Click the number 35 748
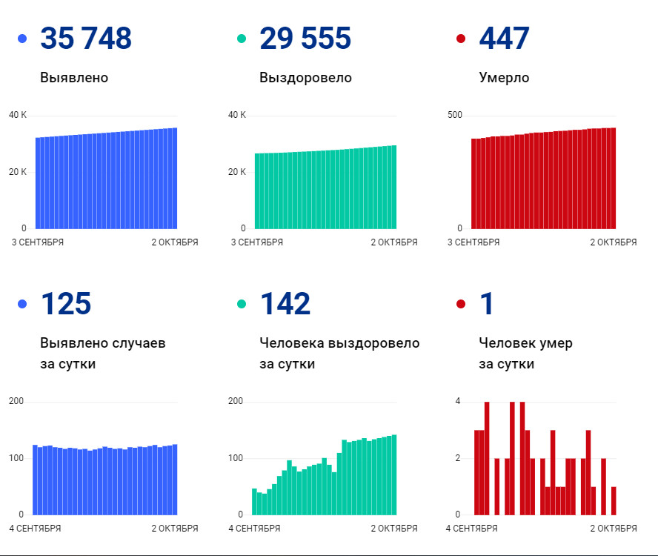86,39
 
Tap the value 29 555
305,39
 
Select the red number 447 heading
505,39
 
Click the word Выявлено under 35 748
74,78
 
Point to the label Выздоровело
305,78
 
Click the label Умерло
504,78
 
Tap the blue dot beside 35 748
22,39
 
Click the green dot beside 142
242,304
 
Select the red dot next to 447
461,39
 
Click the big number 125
66,304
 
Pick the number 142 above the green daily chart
285,304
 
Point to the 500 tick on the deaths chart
454,115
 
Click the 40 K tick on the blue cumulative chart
18,115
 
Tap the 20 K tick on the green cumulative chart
237,172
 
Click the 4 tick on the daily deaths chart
458,401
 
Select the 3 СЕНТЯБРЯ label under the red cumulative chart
476,242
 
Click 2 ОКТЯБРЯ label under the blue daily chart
175,529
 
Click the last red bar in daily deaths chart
614,500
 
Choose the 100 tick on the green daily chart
236,458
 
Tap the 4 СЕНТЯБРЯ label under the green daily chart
254,529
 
